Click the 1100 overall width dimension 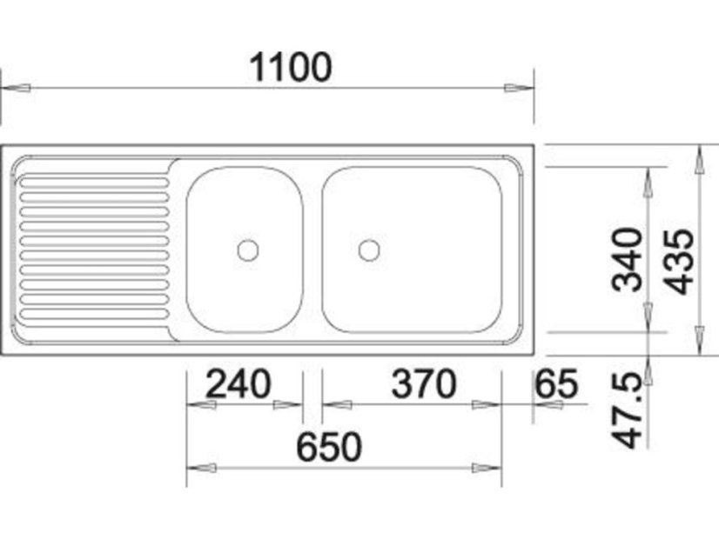pyautogui.click(x=290, y=68)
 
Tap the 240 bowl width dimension pyautogui.click(x=239, y=383)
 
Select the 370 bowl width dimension pyautogui.click(x=424, y=383)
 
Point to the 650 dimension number pyautogui.click(x=329, y=447)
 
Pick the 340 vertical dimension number pyautogui.click(x=628, y=260)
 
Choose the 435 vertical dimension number pyautogui.click(x=679, y=261)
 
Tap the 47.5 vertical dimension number pyautogui.click(x=628, y=410)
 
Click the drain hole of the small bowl pyautogui.click(x=248, y=250)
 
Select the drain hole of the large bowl pyautogui.click(x=369, y=250)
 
